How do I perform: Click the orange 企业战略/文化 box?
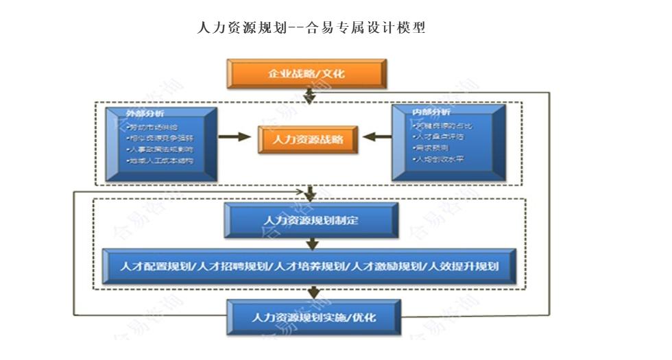(306, 73)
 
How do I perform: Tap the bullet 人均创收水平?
(438, 159)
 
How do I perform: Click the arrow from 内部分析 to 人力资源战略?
(377, 137)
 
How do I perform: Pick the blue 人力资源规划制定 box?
(311, 220)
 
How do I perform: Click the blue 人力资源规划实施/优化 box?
(313, 317)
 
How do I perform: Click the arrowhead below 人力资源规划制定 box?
(313, 244)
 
